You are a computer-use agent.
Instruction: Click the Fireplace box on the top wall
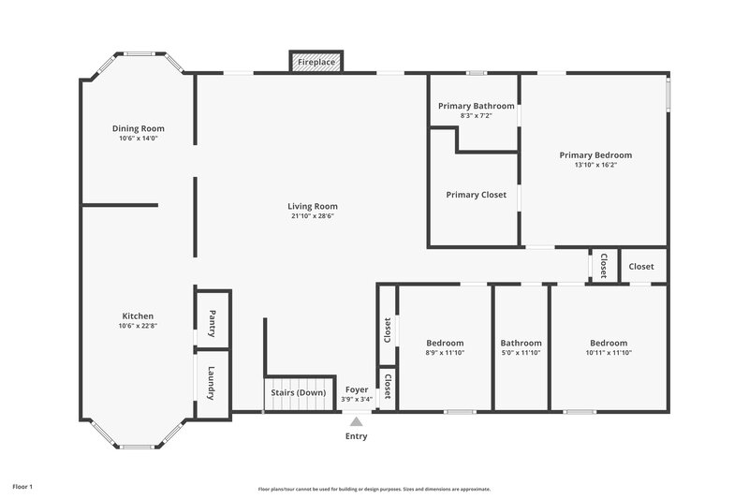pos(316,62)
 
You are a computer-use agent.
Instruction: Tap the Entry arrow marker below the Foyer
pos(356,423)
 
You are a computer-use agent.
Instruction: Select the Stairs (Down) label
pos(299,392)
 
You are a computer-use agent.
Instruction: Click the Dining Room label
pos(138,128)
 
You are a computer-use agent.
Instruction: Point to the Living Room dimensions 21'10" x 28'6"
pos(312,216)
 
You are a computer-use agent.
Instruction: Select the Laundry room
pos(213,382)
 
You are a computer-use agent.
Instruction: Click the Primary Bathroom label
pos(477,106)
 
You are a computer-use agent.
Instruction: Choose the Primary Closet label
pos(476,195)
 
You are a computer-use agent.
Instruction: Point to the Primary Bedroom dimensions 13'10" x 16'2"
pos(595,165)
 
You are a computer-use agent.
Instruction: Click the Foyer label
pos(357,389)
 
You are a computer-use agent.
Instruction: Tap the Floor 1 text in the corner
pos(22,487)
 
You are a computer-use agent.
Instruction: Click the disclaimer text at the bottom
pos(374,489)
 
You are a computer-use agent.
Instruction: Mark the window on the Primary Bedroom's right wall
pos(668,95)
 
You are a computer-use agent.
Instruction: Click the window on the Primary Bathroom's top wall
pos(477,73)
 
